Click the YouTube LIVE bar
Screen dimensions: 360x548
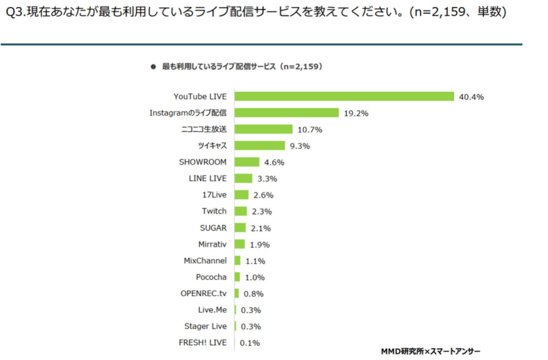(x=344, y=96)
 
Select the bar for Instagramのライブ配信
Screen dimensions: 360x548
(x=287, y=113)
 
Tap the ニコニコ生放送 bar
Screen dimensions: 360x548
(x=263, y=129)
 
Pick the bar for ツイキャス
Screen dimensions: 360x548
(x=260, y=146)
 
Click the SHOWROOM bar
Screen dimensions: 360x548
(x=247, y=162)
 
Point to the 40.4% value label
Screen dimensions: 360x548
(x=471, y=97)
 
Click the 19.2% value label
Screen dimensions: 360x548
(x=356, y=113)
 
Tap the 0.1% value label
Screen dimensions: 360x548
(x=250, y=343)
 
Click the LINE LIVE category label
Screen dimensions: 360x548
(x=208, y=178)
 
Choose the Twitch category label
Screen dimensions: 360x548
(x=214, y=211)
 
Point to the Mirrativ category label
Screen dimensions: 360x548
(x=212, y=244)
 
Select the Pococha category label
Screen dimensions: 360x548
(x=211, y=277)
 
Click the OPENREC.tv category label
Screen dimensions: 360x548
(x=203, y=293)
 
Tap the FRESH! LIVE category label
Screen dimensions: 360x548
(x=202, y=343)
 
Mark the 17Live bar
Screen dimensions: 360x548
(x=242, y=195)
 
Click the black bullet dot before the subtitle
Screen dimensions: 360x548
(x=153, y=67)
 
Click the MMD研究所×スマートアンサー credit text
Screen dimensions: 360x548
(x=430, y=351)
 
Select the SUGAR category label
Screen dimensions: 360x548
(x=213, y=228)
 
